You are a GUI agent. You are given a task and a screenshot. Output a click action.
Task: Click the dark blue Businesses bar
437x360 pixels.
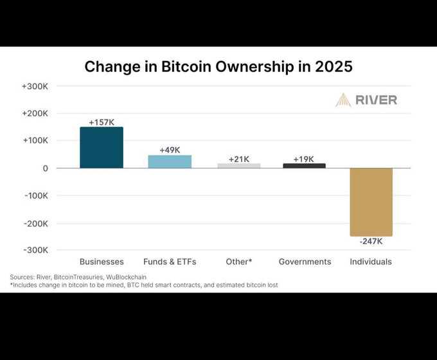coord(102,147)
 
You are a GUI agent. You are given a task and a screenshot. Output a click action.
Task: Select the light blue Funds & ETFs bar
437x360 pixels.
coord(170,161)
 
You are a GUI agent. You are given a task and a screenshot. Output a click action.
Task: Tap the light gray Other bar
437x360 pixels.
coord(238,165)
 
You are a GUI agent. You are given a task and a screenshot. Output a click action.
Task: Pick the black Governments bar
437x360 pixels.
coord(304,165)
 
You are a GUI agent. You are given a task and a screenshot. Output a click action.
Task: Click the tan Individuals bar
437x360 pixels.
coord(371,202)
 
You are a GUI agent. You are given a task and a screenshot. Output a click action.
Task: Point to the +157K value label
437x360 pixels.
coord(102,122)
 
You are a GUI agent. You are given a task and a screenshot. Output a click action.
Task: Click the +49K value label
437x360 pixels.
coord(170,150)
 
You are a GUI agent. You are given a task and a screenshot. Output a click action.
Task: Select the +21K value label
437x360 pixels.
coord(238,158)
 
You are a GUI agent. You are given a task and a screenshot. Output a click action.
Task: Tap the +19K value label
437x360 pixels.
coord(304,158)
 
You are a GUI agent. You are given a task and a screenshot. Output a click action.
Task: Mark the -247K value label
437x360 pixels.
coord(371,242)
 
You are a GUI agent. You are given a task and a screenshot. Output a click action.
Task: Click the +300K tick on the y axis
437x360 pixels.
coord(34,86)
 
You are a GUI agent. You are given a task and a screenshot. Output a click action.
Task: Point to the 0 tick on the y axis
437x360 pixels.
coord(45,168)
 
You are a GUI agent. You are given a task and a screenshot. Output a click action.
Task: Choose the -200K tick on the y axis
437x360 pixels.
coord(35,223)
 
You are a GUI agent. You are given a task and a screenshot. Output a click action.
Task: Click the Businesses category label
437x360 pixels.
coord(102,262)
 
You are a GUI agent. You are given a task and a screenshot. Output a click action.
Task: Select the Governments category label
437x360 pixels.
coord(305,262)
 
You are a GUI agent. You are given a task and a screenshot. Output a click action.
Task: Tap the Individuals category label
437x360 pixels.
coord(371,262)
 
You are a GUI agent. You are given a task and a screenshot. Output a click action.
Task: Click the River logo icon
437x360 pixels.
coord(343,100)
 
